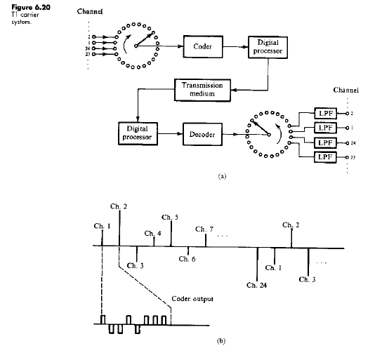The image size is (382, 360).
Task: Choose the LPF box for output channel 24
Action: tap(324, 142)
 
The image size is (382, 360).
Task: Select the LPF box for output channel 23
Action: tap(324, 157)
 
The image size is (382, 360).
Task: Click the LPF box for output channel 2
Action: tap(324, 112)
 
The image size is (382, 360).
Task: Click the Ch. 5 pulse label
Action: tap(170, 218)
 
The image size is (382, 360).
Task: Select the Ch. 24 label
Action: tap(257, 286)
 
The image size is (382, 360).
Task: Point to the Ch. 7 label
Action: tap(204, 229)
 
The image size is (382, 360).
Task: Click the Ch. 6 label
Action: tap(187, 259)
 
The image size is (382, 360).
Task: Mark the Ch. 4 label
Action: tap(153, 233)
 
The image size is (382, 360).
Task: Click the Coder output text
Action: tap(193, 300)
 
